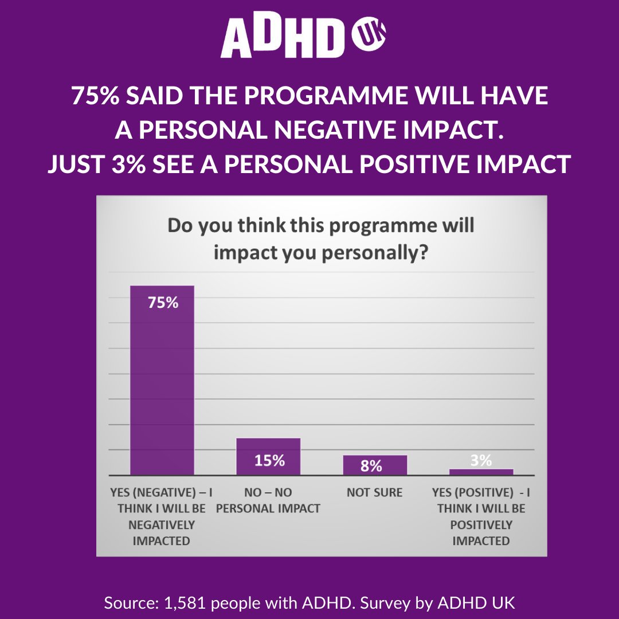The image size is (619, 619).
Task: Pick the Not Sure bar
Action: [375, 465]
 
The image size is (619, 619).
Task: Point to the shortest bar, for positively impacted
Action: [481, 472]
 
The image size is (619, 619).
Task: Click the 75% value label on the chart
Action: [163, 303]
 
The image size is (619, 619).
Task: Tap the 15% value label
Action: [269, 461]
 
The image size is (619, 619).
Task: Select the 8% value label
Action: [371, 466]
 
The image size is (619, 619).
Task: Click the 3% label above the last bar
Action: [481, 460]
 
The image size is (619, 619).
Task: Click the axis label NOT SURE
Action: [375, 492]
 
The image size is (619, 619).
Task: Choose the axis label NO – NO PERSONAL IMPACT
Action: [268, 500]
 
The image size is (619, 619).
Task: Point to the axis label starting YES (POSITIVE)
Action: [481, 516]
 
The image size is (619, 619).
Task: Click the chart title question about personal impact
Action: [320, 238]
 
